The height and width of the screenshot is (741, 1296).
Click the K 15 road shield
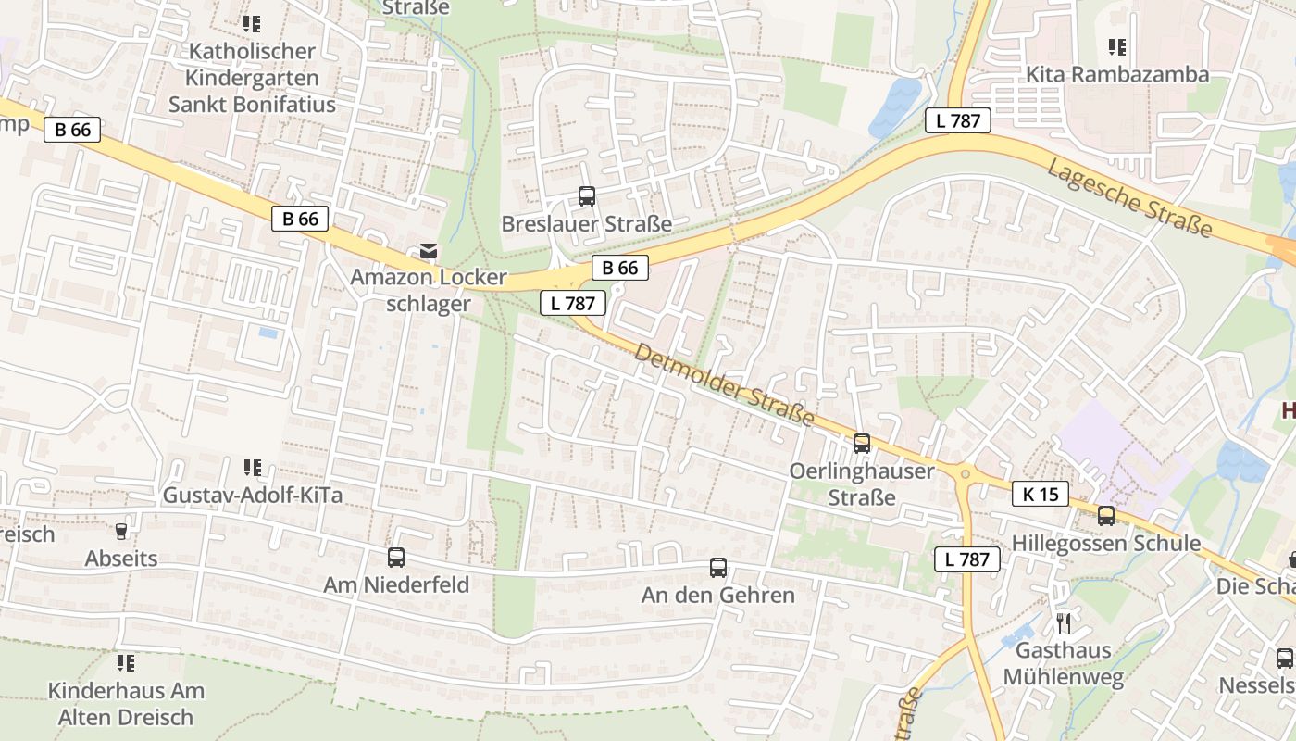pos(1041,494)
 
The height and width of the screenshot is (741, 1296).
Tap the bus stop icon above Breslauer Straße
pos(587,196)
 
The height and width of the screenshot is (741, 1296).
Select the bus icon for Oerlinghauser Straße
pos(862,444)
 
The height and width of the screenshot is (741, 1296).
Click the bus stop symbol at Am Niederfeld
pos(396,558)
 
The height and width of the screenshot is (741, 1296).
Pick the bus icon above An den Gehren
pos(718,568)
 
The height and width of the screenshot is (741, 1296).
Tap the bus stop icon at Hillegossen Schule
pos(1106,516)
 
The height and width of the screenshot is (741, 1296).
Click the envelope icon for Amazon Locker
pos(428,251)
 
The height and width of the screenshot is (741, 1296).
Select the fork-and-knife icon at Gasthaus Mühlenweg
pos(1063,622)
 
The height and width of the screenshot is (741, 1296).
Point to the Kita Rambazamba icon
pos(1117,46)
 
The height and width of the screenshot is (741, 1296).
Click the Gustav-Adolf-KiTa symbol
pos(252,468)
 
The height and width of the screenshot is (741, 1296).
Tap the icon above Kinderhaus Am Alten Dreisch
pos(125,663)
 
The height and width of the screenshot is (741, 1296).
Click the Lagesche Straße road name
pos(1129,197)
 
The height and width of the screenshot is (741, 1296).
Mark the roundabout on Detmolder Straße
pos(966,474)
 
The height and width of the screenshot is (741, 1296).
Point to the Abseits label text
pos(121,559)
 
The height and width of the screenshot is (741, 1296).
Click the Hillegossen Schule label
pos(1106,543)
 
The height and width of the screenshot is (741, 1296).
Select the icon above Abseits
pos(120,532)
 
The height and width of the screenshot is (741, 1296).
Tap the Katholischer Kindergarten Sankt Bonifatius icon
pos(251,23)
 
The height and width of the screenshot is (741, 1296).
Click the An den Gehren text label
pos(718,595)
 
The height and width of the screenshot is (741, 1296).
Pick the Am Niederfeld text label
pos(396,584)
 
